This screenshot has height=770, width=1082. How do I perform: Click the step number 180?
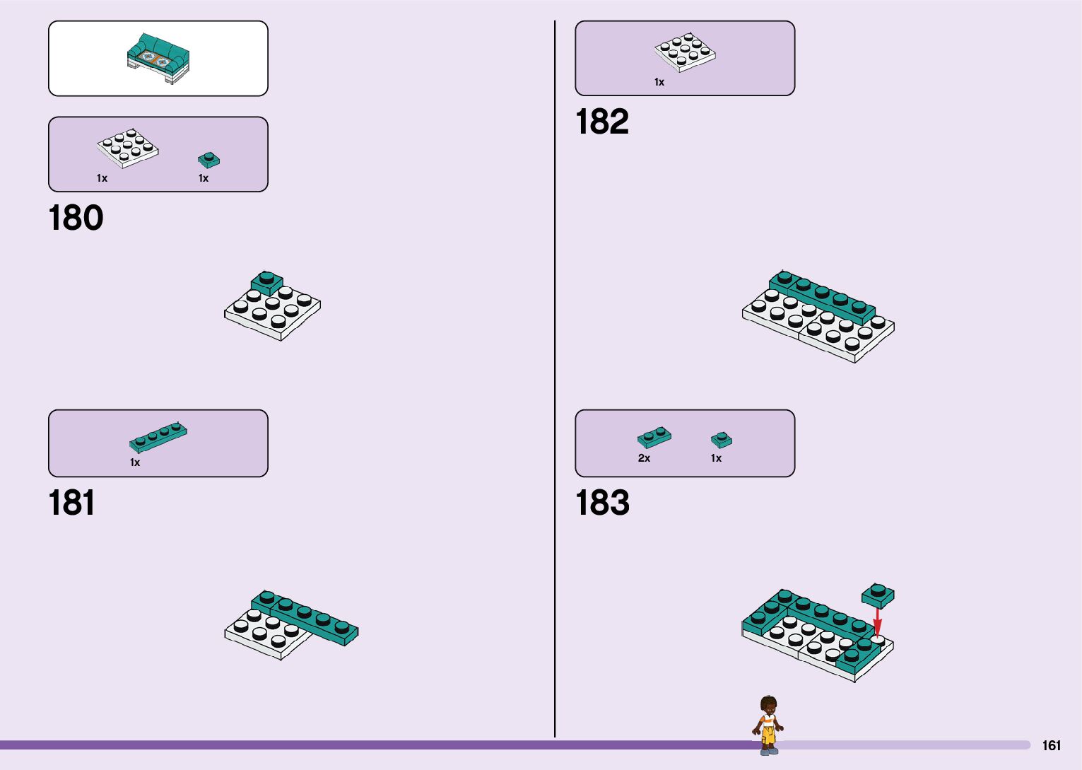pyautogui.click(x=76, y=218)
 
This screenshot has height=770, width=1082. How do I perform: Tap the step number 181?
pyautogui.click(x=71, y=503)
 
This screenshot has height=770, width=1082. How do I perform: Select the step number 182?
pyautogui.click(x=601, y=122)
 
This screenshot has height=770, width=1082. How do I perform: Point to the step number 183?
pyautogui.click(x=602, y=503)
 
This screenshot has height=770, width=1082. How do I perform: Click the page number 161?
pyautogui.click(x=1051, y=745)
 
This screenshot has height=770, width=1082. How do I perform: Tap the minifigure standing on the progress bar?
pyautogui.click(x=768, y=725)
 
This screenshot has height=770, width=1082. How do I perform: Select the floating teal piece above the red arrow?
pyautogui.click(x=878, y=595)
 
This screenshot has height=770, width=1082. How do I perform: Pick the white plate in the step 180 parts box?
pyautogui.click(x=127, y=148)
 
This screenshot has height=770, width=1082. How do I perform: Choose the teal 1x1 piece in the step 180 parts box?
pyautogui.click(x=208, y=160)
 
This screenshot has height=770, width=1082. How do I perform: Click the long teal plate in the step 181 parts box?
pyautogui.click(x=158, y=437)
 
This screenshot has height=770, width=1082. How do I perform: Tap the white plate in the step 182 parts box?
pyautogui.click(x=684, y=52)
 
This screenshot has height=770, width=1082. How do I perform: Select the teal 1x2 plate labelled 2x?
pyautogui.click(x=654, y=437)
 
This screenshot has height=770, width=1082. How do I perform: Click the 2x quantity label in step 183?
pyautogui.click(x=644, y=458)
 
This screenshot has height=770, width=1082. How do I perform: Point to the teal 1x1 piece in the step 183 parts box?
pyautogui.click(x=721, y=440)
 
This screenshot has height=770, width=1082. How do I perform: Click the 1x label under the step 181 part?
pyautogui.click(x=135, y=462)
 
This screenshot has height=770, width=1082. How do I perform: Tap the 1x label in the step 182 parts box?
pyautogui.click(x=659, y=82)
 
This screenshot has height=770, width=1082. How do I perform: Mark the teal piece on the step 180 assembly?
pyautogui.click(x=266, y=282)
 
